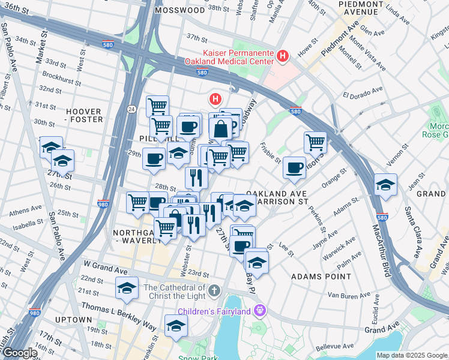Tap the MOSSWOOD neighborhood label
click(x=179, y=10)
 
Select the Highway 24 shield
click(x=131, y=109)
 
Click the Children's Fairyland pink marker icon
click(x=259, y=310)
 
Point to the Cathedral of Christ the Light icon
click(x=215, y=292)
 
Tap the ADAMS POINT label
click(x=321, y=277)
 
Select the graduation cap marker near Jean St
click(x=385, y=184)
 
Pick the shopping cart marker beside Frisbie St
click(x=315, y=143)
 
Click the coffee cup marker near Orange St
click(x=294, y=167)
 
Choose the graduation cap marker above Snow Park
click(x=176, y=326)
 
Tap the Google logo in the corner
click(x=19, y=353)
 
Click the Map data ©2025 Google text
click(x=411, y=355)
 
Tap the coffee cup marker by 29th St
click(x=154, y=159)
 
